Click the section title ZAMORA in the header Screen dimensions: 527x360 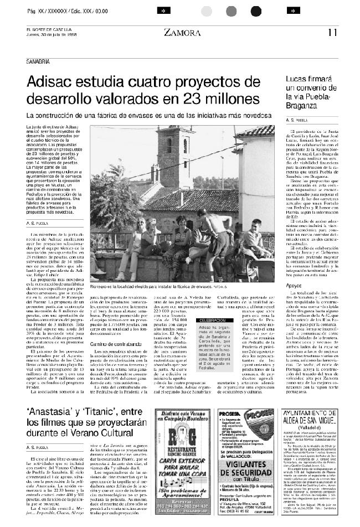pyautogui.click(x=182, y=33)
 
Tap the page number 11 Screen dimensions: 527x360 pyautogui.click(x=332, y=32)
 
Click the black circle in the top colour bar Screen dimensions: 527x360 pyautogui.click(x=256, y=11)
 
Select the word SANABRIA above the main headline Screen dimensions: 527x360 pyautogui.click(x=38, y=60)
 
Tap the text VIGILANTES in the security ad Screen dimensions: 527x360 pyautogui.click(x=246, y=467)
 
